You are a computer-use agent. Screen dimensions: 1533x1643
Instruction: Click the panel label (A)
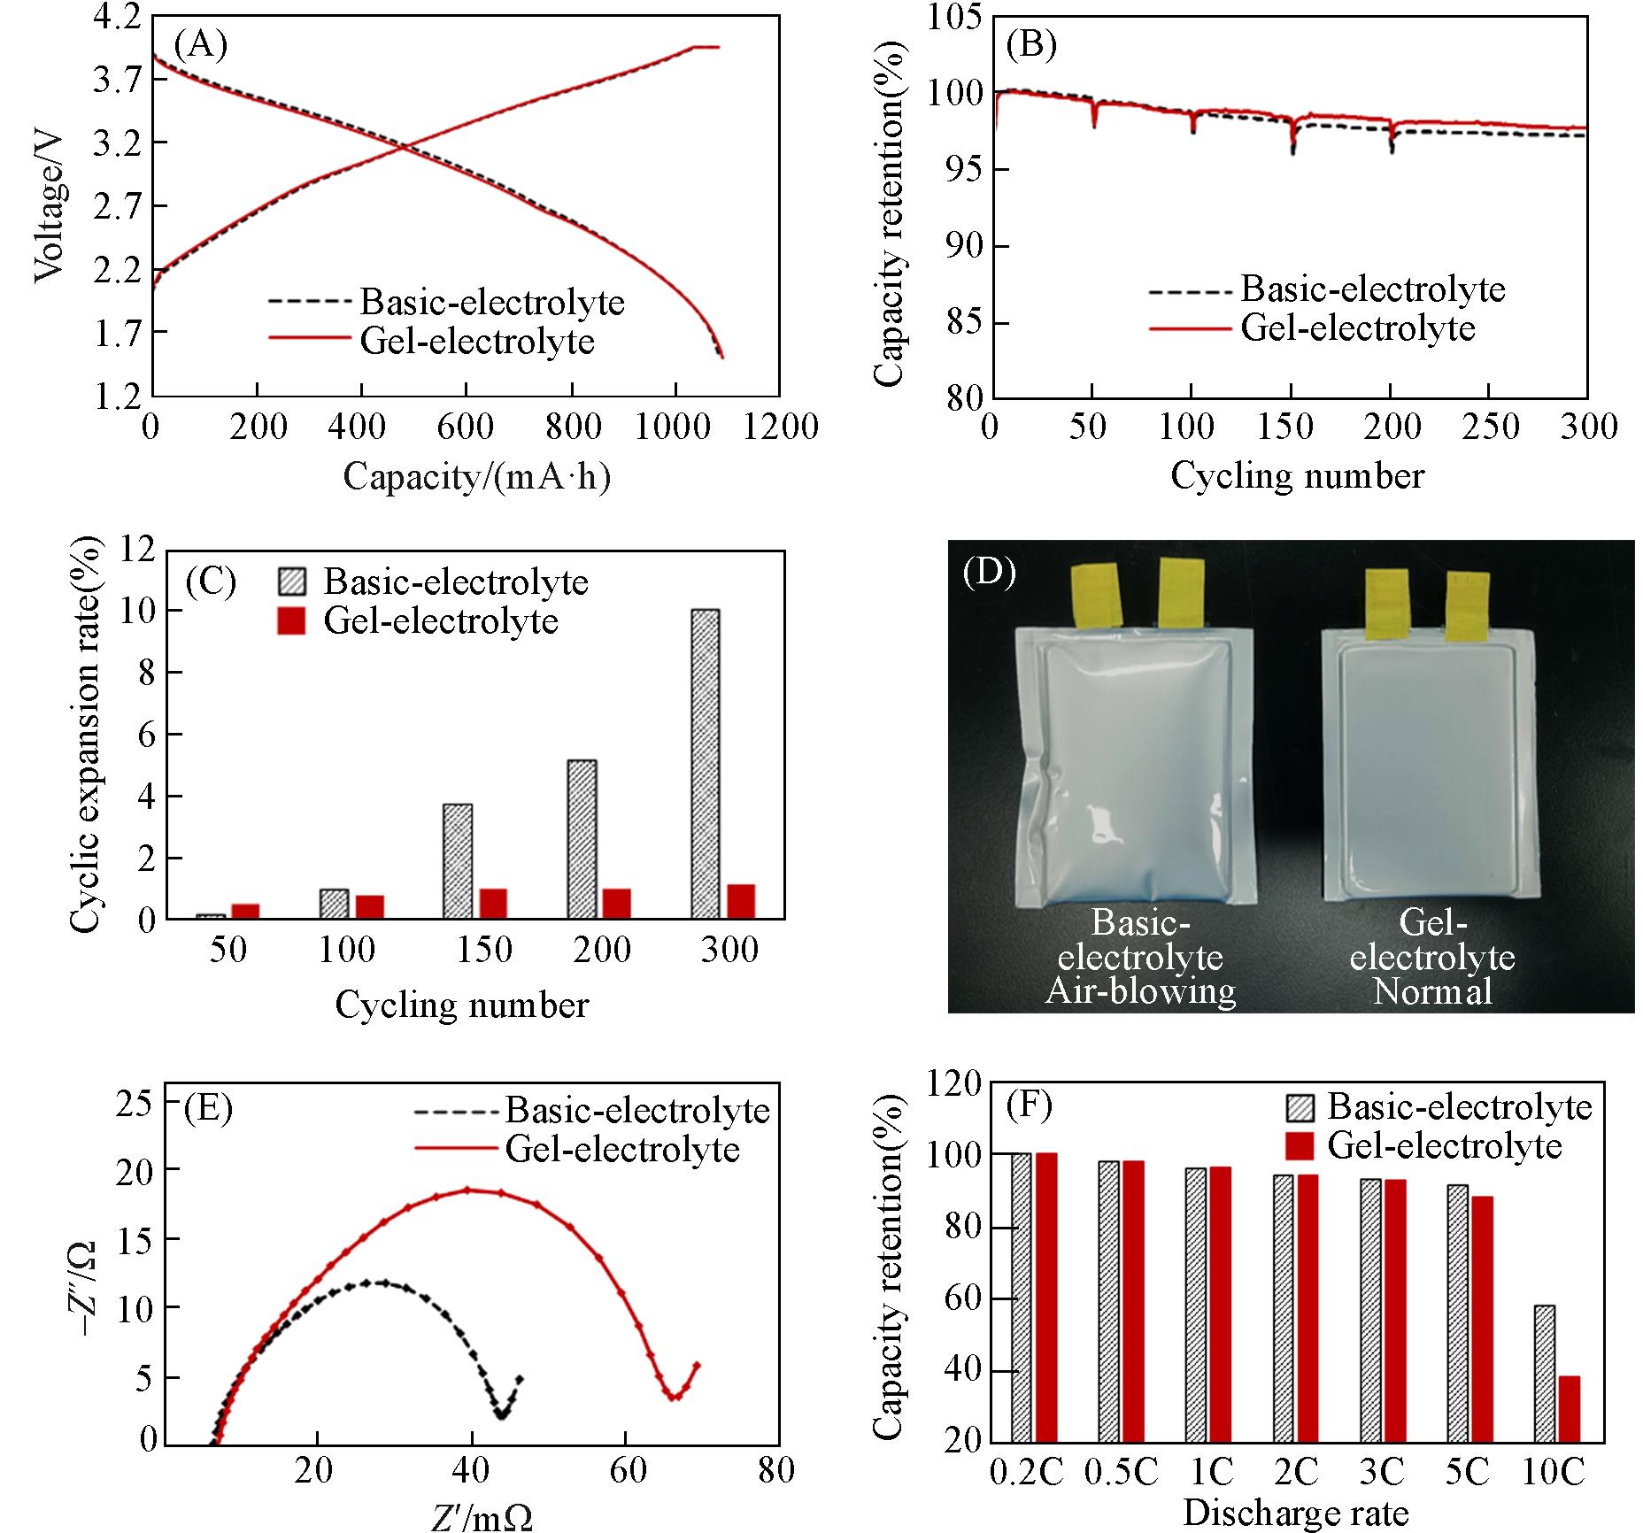(x=201, y=44)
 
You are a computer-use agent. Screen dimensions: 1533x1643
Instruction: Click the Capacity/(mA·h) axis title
(x=477, y=477)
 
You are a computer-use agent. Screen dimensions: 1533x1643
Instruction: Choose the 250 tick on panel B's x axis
(x=1489, y=428)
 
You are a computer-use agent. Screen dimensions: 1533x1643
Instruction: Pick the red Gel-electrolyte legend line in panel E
(x=455, y=1149)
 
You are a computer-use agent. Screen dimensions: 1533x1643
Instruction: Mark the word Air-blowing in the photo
(x=1140, y=990)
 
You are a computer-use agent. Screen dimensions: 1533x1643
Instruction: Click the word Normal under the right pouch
(x=1432, y=990)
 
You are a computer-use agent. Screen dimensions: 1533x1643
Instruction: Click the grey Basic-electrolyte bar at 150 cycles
(x=458, y=860)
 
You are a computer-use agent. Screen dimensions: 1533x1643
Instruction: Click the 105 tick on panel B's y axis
(x=954, y=18)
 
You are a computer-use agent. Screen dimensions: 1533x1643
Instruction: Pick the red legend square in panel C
(x=291, y=621)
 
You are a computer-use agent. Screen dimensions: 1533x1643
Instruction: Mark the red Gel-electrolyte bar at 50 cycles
(x=245, y=911)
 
